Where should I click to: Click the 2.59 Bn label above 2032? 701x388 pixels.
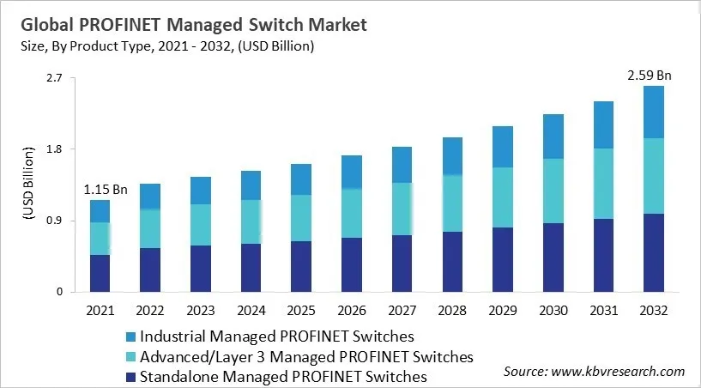(649, 76)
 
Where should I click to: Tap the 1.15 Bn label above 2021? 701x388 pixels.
(105, 189)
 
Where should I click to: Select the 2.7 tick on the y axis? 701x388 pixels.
(55, 78)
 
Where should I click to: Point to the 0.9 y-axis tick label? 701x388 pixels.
(55, 221)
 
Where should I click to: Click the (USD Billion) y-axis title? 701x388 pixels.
(27, 185)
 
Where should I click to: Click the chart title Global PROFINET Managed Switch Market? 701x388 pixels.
(196, 25)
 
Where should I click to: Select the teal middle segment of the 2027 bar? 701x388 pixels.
(401, 209)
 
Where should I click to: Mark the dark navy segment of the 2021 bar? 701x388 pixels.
(100, 273)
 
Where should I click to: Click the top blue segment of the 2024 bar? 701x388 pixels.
(251, 185)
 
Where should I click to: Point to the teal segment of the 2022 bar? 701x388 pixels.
(149, 228)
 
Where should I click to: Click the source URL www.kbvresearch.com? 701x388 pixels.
(618, 371)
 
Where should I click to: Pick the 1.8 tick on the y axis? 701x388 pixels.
(55, 149)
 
